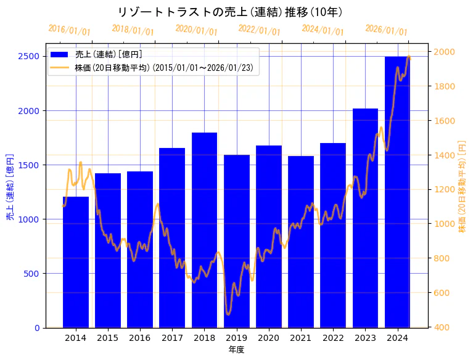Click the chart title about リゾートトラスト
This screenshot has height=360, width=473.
click(229, 12)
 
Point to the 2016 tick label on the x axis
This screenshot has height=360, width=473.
click(140, 337)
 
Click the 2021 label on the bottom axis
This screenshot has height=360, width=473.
click(301, 337)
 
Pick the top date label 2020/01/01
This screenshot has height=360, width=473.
click(196, 30)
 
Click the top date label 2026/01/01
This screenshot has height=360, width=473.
click(386, 30)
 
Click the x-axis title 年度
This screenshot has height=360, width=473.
click(236, 350)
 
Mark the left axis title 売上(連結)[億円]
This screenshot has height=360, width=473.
click(10, 187)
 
